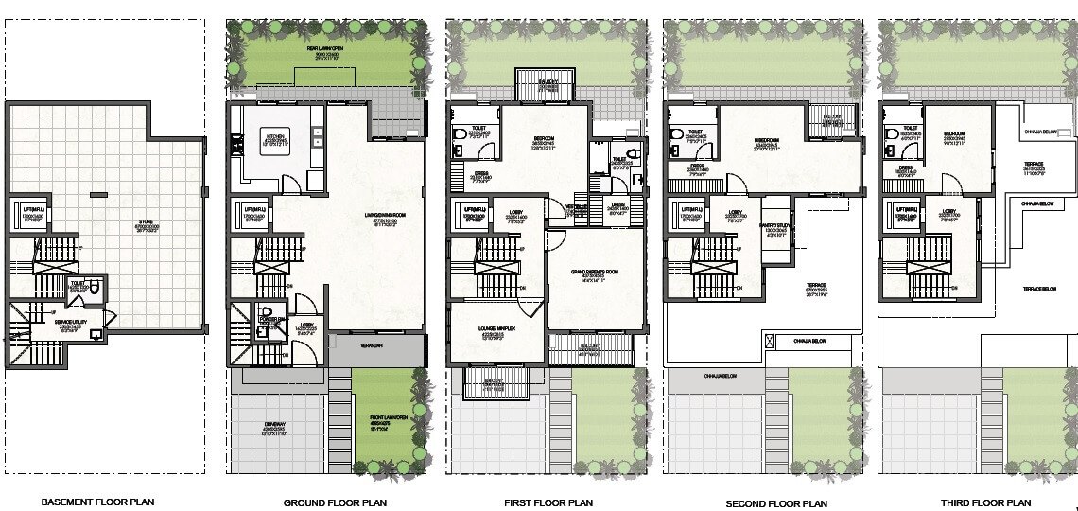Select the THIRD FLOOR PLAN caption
coord(980,502)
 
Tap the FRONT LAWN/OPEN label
coord(388,423)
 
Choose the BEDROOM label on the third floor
coord(953,133)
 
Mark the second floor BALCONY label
coord(832,117)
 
